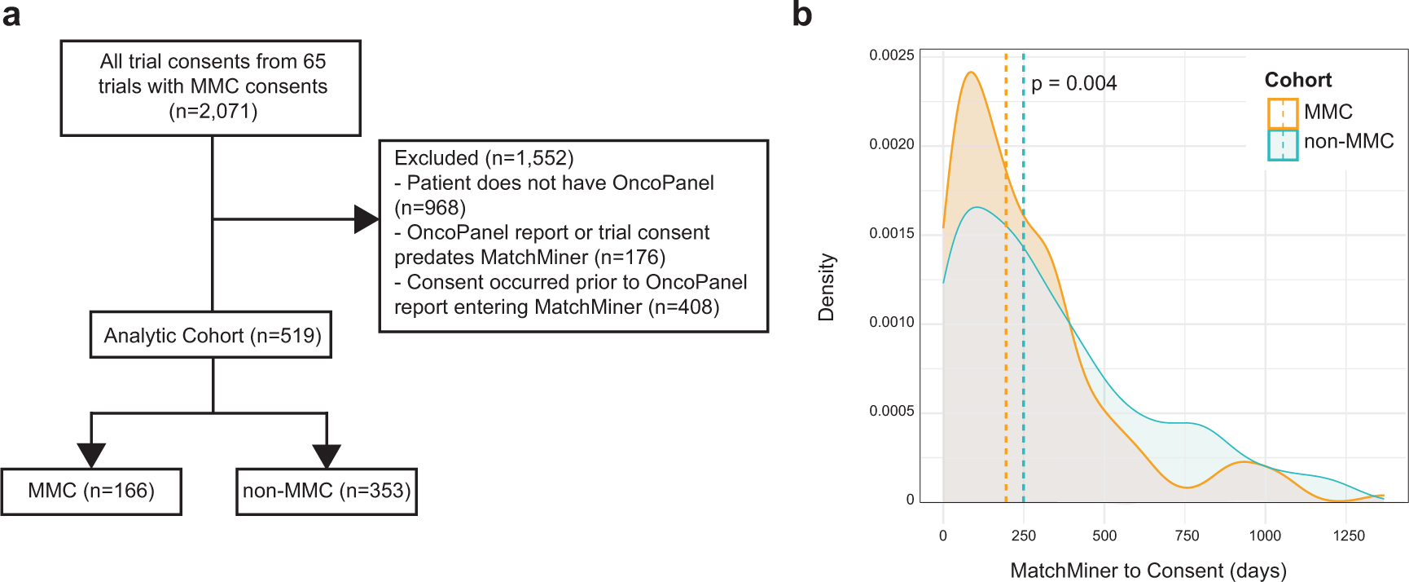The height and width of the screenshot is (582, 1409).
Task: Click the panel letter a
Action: pyautogui.click(x=11, y=15)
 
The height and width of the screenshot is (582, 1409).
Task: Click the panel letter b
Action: pyautogui.click(x=802, y=15)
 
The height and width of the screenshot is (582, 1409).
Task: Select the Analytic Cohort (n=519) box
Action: pyautogui.click(x=211, y=335)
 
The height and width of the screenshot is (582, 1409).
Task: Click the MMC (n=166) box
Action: pyautogui.click(x=91, y=491)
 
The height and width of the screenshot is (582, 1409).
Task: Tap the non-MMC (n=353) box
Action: pyautogui.click(x=327, y=491)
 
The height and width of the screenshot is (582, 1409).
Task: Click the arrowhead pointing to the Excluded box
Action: pyautogui.click(x=366, y=219)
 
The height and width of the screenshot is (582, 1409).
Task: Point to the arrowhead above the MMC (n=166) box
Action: pyautogui.click(x=91, y=455)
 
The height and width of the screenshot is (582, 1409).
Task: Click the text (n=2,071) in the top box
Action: pyautogui.click(x=213, y=112)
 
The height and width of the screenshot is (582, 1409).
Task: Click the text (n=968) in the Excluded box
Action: pyautogui.click(x=430, y=208)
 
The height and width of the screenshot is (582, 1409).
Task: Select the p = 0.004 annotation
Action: pyautogui.click(x=1073, y=83)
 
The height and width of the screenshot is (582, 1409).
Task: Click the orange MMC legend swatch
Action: pyautogui.click(x=1283, y=113)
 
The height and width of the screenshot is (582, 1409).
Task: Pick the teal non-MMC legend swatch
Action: pyautogui.click(x=1283, y=144)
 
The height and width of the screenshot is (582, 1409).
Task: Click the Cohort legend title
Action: pyautogui.click(x=1297, y=80)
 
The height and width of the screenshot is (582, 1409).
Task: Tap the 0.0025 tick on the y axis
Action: pyautogui.click(x=891, y=55)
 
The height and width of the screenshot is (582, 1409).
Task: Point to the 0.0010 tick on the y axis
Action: pyautogui.click(x=891, y=322)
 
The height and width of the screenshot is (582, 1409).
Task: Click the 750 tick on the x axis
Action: pyautogui.click(x=1187, y=536)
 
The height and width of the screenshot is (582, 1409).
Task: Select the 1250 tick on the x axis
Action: pyautogui.click(x=1348, y=536)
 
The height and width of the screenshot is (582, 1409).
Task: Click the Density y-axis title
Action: pyautogui.click(x=827, y=287)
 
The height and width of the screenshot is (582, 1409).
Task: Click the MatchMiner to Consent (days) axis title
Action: pyautogui.click(x=1148, y=571)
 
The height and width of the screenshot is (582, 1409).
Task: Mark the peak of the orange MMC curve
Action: pyautogui.click(x=970, y=73)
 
